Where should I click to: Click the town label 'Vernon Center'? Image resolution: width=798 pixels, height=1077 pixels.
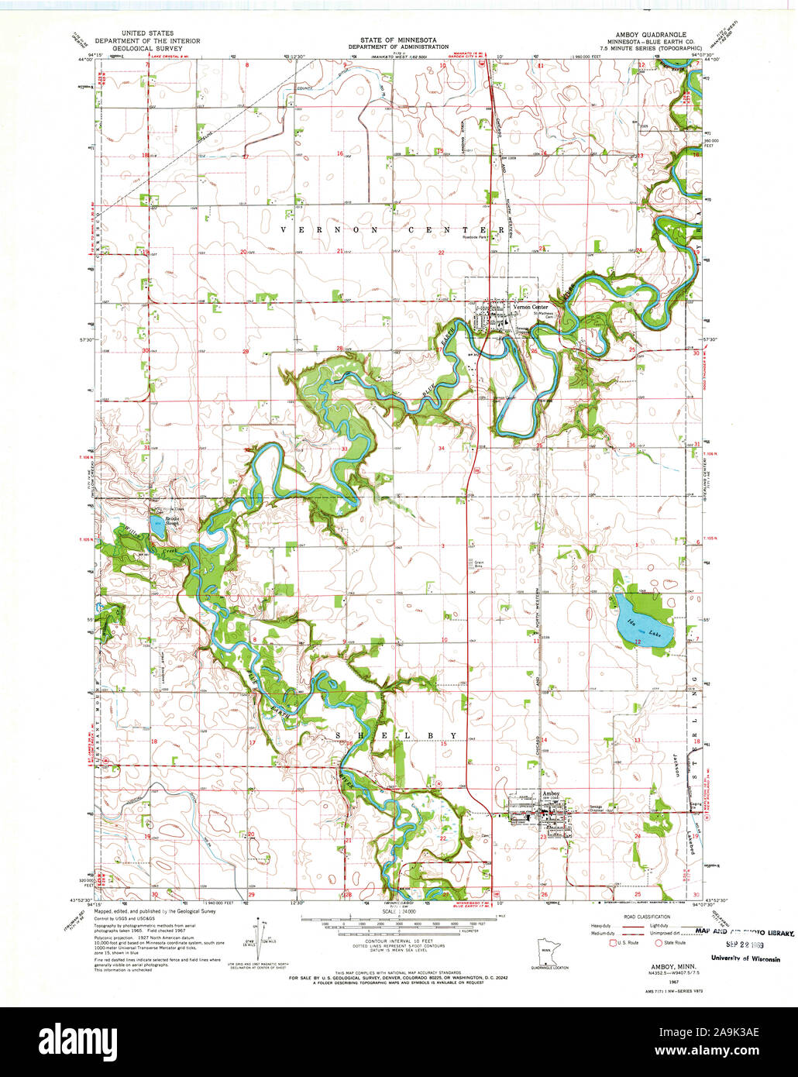tap(531, 307)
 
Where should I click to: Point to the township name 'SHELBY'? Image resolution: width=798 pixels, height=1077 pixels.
tap(397, 735)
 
